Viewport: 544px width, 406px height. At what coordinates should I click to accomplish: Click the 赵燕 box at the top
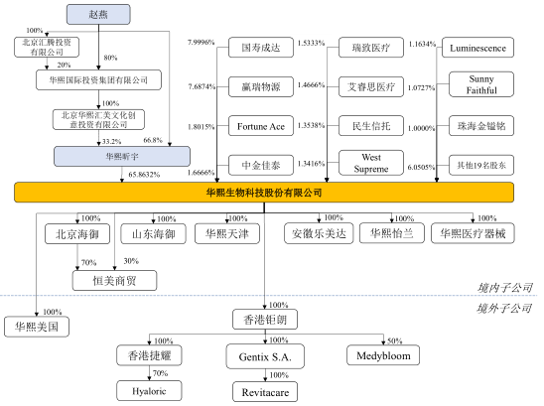[x=98, y=15]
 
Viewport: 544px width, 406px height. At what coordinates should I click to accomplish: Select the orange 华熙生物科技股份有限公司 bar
[x=264, y=193]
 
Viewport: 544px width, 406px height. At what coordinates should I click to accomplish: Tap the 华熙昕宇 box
[x=122, y=157]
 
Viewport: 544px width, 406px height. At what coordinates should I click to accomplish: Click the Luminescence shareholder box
[x=477, y=48]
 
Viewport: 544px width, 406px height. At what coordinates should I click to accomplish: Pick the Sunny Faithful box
[x=481, y=84]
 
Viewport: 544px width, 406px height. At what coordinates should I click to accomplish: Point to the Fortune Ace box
[x=261, y=126]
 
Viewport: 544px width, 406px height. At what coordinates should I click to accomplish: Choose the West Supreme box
[x=371, y=163]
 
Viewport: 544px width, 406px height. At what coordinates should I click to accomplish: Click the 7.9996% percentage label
[x=202, y=43]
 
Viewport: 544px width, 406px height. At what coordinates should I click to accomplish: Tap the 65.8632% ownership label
[x=144, y=175]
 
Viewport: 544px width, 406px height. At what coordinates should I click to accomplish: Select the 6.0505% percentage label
[x=421, y=167]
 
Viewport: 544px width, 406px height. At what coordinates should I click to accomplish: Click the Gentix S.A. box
[x=265, y=356]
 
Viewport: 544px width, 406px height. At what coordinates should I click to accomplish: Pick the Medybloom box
[x=383, y=355]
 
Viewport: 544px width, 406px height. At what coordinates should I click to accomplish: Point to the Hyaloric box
[x=149, y=391]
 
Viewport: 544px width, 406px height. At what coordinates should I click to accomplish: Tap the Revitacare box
[x=265, y=392]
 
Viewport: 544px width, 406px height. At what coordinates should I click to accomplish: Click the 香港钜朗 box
[x=265, y=320]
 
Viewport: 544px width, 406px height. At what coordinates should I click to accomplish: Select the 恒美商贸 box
[x=114, y=280]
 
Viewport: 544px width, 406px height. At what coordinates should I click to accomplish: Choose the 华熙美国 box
[x=37, y=327]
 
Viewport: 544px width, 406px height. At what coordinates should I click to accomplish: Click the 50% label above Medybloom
[x=394, y=340]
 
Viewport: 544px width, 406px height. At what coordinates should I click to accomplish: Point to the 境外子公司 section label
[x=504, y=308]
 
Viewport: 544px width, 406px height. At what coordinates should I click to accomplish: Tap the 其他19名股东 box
[x=481, y=165]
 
